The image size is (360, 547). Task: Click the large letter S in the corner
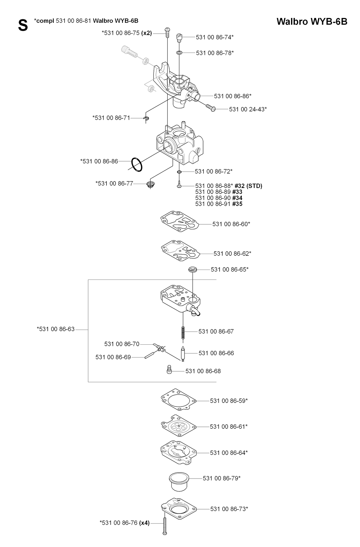(x=23, y=26)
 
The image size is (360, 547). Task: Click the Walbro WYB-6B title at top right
(x=312, y=22)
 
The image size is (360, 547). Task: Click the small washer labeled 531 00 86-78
(x=179, y=53)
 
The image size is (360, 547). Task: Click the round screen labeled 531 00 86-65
(x=192, y=269)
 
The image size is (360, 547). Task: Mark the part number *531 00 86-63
(x=55, y=329)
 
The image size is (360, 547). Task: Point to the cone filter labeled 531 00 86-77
(x=150, y=184)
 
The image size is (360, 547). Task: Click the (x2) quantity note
(x=147, y=33)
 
